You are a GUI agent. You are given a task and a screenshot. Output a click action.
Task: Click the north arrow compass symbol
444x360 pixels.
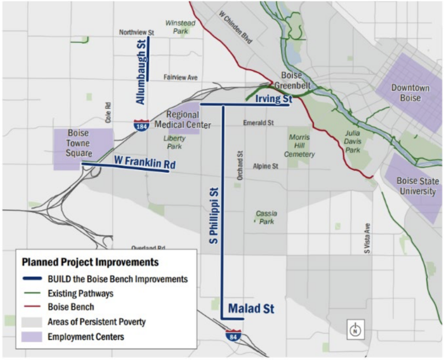[x=356, y=330]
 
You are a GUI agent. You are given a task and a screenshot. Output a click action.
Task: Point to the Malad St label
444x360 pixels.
[x=252, y=309]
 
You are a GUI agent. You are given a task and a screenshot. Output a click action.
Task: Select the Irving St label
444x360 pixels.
[x=272, y=100]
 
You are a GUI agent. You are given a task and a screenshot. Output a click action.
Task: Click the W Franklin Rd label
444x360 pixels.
[x=145, y=162]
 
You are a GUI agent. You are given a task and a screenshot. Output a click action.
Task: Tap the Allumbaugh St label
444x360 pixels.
[x=140, y=72]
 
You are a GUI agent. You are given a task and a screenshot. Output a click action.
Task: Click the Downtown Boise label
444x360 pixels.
[x=410, y=92]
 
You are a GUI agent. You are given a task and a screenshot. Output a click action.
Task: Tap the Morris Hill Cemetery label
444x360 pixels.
[x=299, y=146]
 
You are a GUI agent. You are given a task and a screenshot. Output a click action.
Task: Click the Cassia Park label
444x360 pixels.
[x=267, y=217]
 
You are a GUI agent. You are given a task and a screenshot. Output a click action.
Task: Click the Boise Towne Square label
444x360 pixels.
[x=79, y=143]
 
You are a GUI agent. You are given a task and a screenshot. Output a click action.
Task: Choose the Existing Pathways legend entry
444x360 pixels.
[x=80, y=293]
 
